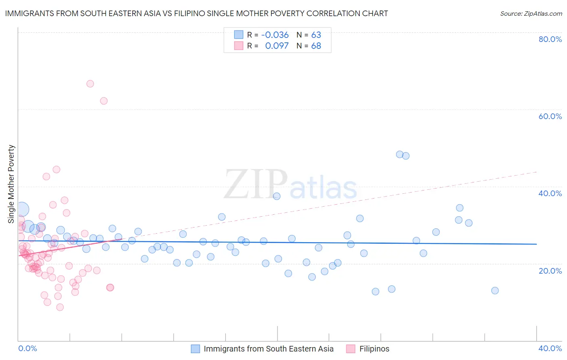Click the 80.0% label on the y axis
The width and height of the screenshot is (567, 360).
pyautogui.click(x=550, y=39)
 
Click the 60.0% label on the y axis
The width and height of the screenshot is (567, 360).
pyautogui.click(x=550, y=116)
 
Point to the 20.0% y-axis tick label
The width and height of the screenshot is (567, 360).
pyautogui.click(x=550, y=271)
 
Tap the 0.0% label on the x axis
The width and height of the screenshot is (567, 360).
pyautogui.click(x=28, y=348)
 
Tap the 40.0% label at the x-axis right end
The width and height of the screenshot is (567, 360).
pyautogui.click(x=550, y=348)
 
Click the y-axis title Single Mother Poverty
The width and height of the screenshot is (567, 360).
pyautogui.click(x=11, y=184)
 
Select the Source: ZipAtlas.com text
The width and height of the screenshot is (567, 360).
pyautogui.click(x=531, y=14)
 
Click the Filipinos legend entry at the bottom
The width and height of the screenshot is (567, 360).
pyautogui.click(x=374, y=349)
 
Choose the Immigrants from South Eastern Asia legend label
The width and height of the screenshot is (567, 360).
pyautogui.click(x=269, y=349)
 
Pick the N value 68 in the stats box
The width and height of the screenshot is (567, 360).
pyautogui.click(x=316, y=46)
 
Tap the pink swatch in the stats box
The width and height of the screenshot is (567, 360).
pyautogui.click(x=239, y=46)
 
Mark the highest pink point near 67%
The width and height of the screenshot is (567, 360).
pyautogui.click(x=90, y=84)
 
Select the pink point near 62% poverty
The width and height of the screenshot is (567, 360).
pyautogui.click(x=104, y=101)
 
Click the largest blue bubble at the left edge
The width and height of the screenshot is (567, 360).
pyautogui.click(x=22, y=209)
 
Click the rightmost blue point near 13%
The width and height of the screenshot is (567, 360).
pyautogui.click(x=495, y=291)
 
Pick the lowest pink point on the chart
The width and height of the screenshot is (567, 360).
pyautogui.click(x=60, y=307)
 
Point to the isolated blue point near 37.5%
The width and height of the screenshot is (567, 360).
pyautogui.click(x=277, y=196)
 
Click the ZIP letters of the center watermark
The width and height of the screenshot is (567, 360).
pyautogui.click(x=256, y=184)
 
